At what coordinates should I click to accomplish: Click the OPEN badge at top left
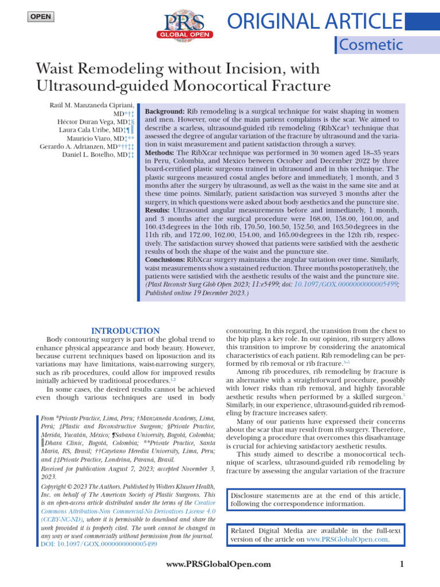coord(40,17)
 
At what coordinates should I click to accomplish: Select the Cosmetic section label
coord(371,44)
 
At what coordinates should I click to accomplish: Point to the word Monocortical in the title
coord(210,87)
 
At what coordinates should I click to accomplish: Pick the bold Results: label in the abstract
coord(161,211)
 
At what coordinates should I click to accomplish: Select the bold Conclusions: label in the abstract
coord(165,260)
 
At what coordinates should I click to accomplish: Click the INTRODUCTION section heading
coord(125,331)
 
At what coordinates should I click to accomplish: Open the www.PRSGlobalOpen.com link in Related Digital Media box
coord(347,539)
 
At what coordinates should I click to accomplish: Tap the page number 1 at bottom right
coord(402,565)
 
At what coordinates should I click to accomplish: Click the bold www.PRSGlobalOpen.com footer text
coord(218,565)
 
